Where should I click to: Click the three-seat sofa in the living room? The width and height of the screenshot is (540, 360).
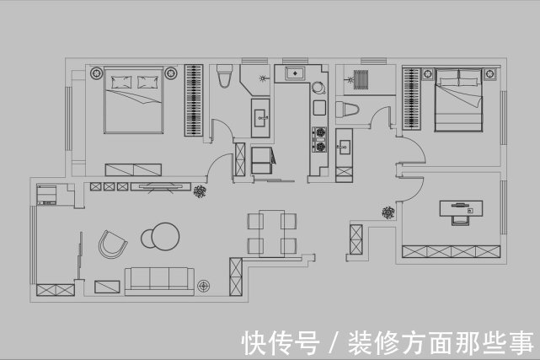point(159,281)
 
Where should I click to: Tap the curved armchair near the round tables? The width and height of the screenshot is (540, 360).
point(112,244)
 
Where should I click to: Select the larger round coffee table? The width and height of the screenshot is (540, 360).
point(166,237)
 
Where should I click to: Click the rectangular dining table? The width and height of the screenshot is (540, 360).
point(272,234)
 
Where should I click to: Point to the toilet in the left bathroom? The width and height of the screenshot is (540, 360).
point(224,76)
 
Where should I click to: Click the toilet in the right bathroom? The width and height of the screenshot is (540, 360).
point(347,110)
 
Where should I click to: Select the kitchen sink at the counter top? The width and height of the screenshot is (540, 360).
point(295,73)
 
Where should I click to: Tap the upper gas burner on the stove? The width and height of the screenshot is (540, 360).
point(319,132)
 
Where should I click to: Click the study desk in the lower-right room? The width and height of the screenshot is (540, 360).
point(461,208)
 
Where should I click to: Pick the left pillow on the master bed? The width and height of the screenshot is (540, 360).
point(121,82)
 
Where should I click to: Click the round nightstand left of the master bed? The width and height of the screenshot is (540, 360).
point(96,73)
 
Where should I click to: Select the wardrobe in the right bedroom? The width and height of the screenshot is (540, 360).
point(412,99)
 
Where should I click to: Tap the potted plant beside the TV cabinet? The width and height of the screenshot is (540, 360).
point(200,191)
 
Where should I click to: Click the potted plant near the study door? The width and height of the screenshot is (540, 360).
point(388,212)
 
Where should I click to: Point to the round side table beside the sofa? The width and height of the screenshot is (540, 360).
point(204,286)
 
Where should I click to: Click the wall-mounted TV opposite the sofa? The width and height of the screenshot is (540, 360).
point(161,186)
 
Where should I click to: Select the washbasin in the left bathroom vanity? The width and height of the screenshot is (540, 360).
point(260,118)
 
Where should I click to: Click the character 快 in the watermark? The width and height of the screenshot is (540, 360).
point(255,342)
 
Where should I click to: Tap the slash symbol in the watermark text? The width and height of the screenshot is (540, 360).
point(333,342)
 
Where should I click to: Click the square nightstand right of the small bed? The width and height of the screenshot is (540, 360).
point(489,73)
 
